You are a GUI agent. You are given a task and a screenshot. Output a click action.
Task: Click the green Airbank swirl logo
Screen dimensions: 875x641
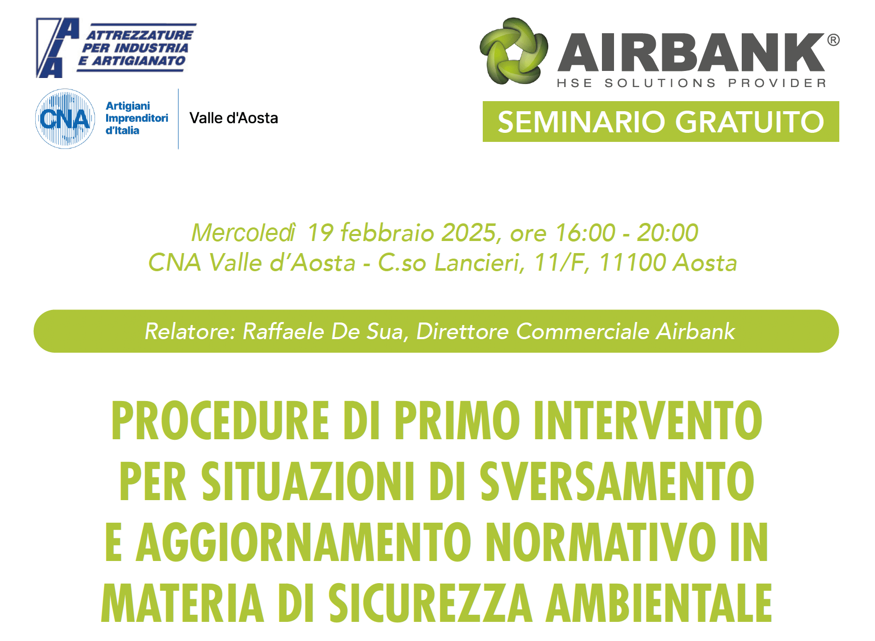point(513,51)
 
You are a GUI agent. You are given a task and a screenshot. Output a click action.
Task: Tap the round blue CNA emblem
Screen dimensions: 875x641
point(65,119)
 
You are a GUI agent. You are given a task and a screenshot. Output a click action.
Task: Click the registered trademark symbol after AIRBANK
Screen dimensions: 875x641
point(833,40)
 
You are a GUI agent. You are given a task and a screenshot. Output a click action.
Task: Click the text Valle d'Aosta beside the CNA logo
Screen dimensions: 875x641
point(234,118)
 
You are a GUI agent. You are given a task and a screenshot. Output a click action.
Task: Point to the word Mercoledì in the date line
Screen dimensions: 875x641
point(244,233)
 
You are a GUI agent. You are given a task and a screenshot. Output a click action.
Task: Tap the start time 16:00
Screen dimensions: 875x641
point(585,233)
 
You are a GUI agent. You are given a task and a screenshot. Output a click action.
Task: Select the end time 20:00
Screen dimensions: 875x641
point(667,233)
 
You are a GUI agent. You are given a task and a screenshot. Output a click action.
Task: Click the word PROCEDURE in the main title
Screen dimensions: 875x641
point(220,421)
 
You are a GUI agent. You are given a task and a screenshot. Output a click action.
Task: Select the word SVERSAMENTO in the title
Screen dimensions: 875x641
point(617,482)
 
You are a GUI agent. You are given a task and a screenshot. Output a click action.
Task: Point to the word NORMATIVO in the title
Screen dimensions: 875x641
point(601,542)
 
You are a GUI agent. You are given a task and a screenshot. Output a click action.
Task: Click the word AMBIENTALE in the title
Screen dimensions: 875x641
point(659,603)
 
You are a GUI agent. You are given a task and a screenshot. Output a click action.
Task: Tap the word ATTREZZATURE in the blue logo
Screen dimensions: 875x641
point(140,35)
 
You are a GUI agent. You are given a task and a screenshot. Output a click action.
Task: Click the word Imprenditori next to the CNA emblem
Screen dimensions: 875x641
point(137,118)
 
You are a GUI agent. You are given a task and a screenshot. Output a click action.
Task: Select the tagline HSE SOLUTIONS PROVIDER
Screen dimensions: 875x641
point(691,83)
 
